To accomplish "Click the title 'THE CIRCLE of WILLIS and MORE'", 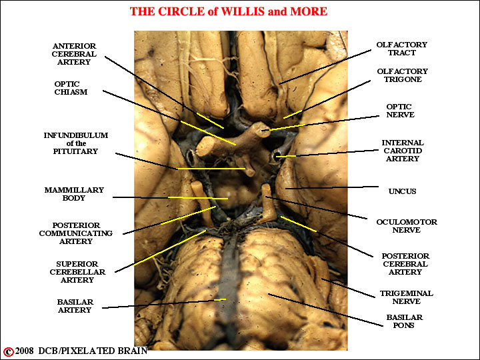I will point(228,11).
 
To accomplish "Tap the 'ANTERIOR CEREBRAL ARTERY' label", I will point(74,54).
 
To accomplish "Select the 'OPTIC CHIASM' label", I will point(71,88).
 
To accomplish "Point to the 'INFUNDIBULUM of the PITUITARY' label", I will point(75,143).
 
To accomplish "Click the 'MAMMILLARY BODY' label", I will point(74,194).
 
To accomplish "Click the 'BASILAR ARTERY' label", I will point(75,306).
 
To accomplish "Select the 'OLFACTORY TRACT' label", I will point(401,49).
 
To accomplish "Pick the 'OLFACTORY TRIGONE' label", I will point(402,75).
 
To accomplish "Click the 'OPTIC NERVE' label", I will point(400,111).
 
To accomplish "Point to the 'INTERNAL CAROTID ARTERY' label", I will point(402,151).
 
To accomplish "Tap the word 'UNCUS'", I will point(402,191).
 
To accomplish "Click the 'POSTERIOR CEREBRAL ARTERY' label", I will point(405,264).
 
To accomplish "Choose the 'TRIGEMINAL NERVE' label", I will point(406,297).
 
